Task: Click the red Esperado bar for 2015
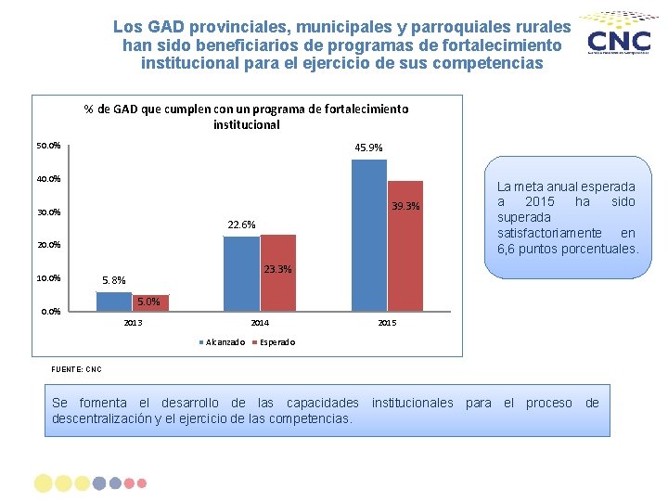tap(405, 246)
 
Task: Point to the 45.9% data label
tap(368, 148)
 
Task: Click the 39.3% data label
tap(405, 206)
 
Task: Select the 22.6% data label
tap(241, 225)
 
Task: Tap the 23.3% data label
tap(277, 270)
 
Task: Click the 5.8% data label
tap(114, 280)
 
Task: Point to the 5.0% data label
tap(148, 302)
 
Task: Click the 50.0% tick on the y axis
tap(48, 146)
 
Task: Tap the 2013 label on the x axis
tap(133, 323)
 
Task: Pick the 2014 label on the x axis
tap(260, 323)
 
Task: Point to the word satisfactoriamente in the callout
tap(551, 233)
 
